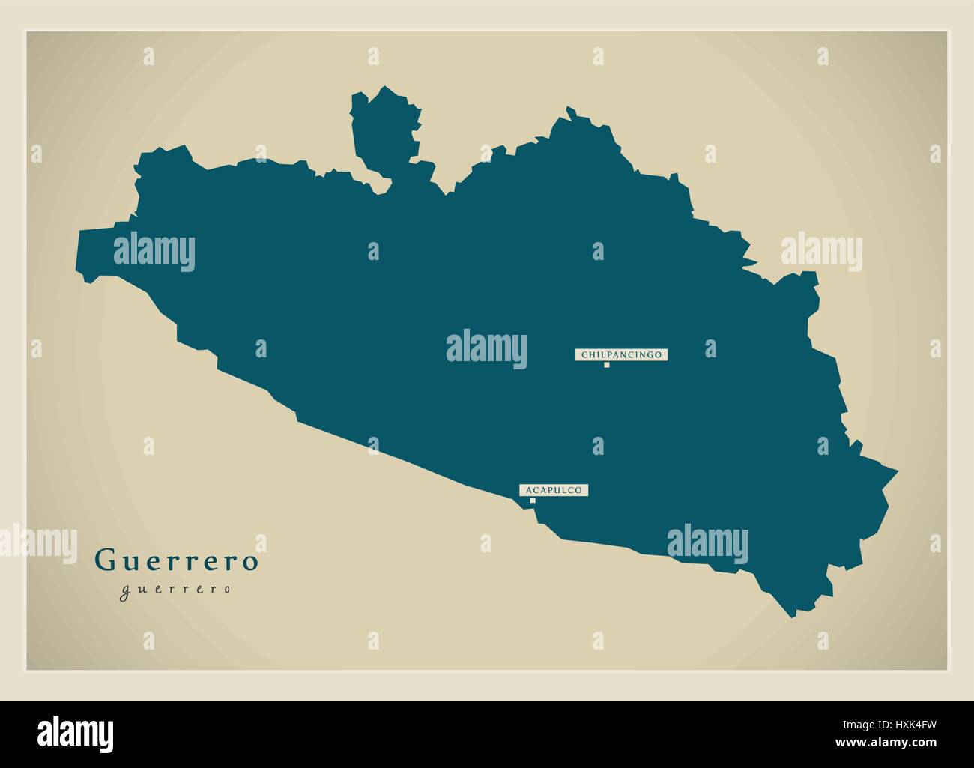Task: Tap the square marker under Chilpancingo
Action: (606, 366)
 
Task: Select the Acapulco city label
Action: (554, 490)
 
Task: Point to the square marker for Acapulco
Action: (533, 501)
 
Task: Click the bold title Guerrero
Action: (176, 560)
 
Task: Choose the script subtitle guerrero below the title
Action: (175, 590)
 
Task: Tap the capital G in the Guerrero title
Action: (104, 560)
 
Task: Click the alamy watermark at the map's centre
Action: (487, 347)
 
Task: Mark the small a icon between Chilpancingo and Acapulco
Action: (598, 447)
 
